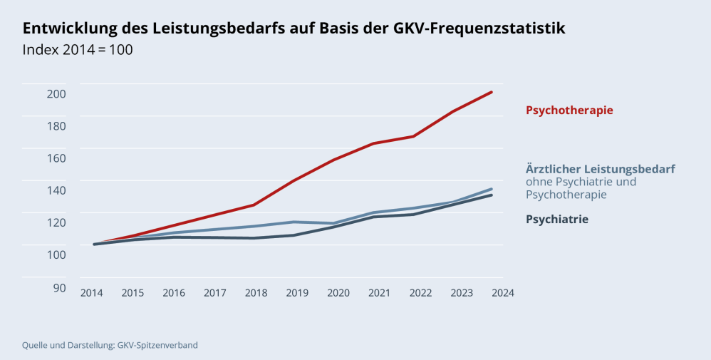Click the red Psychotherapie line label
(x=569, y=110)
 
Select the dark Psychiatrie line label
(x=556, y=220)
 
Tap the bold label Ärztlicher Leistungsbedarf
(x=600, y=169)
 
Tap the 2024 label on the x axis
(x=502, y=293)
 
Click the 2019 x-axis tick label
(x=298, y=293)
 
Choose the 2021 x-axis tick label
(x=380, y=293)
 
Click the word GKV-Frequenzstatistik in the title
(x=479, y=29)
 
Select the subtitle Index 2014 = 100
(x=78, y=51)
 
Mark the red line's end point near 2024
(x=492, y=92)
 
